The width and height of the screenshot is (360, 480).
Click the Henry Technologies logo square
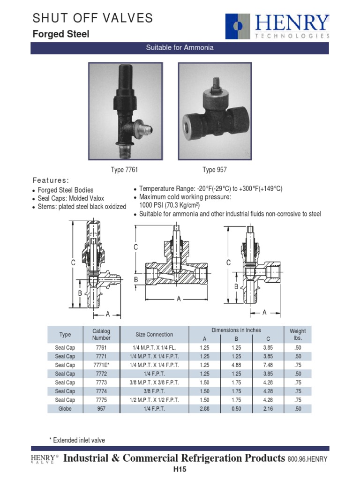click(x=238, y=26)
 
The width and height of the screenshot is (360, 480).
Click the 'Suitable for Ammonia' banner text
click(x=180, y=47)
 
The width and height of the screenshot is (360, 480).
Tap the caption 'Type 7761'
click(x=124, y=170)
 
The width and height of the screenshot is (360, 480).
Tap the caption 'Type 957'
click(x=215, y=170)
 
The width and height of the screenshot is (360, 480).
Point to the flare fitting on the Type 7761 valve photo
click(x=143, y=128)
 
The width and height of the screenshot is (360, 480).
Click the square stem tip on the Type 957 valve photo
click(x=216, y=82)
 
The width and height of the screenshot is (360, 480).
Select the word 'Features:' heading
click(x=51, y=180)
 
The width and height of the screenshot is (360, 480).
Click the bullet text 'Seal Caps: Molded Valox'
click(x=71, y=198)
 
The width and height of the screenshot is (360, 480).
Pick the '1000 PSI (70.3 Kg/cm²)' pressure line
click(x=169, y=205)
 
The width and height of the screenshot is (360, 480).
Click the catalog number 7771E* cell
click(x=101, y=365)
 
